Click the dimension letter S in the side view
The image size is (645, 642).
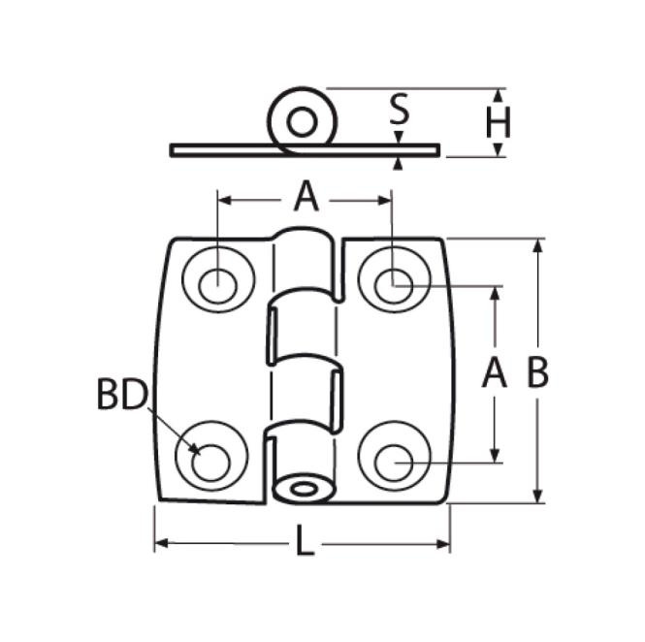[x=399, y=110]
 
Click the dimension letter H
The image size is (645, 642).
[x=499, y=123]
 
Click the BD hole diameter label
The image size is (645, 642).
[x=121, y=396]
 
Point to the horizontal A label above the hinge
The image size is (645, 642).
[x=306, y=198]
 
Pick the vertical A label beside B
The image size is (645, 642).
[x=495, y=372]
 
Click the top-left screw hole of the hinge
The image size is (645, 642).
[x=218, y=284]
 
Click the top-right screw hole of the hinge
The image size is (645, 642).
[x=393, y=283]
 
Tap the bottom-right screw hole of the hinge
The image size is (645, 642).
[x=393, y=463]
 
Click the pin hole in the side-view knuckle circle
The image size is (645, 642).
[x=302, y=122]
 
